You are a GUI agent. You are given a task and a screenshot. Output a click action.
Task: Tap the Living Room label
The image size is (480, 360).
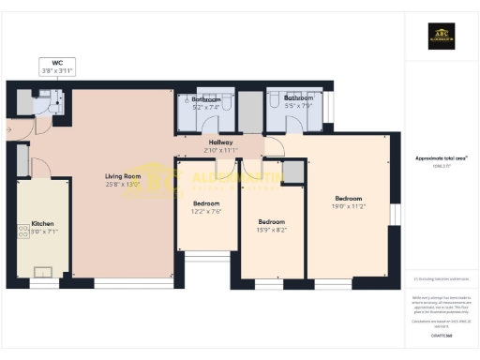coord(122,180)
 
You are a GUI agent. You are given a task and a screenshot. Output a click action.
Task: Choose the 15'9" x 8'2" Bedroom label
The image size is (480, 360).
coord(272,225)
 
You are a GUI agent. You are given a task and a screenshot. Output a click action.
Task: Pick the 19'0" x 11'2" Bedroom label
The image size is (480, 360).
coord(349,202)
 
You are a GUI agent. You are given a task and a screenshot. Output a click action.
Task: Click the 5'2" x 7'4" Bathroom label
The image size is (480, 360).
coord(205,102)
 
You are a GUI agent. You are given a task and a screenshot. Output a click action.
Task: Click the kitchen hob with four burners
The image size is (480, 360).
coord(23,232)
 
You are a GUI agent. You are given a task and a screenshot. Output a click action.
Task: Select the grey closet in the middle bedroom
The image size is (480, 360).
coord(293,172)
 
